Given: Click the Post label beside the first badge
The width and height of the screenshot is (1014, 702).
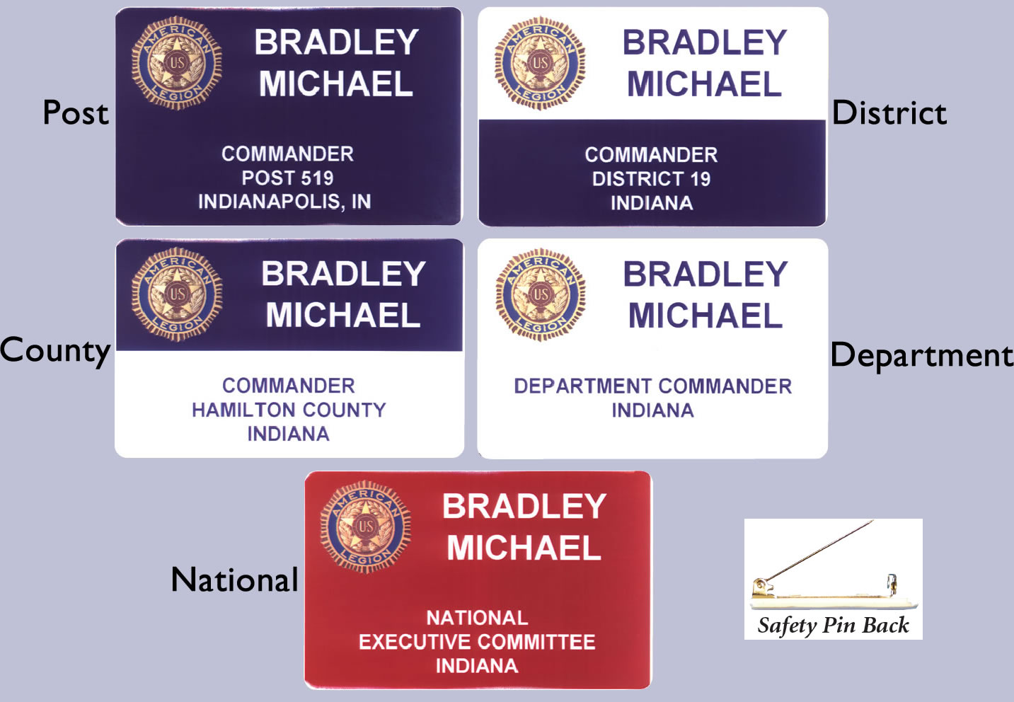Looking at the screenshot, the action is (76, 113).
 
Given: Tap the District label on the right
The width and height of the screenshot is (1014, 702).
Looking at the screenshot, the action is (889, 113).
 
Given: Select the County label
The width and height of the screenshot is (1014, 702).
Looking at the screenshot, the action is (55, 352).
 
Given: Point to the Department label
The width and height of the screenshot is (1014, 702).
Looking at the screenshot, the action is (921, 356).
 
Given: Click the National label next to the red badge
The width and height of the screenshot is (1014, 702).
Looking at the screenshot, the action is (234, 580).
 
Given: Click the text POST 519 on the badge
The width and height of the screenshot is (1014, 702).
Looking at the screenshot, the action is (287, 178).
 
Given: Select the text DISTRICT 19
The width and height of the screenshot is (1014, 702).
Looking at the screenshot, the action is (652, 179).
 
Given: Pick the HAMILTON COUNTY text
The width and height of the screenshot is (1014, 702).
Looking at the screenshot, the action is (289, 410).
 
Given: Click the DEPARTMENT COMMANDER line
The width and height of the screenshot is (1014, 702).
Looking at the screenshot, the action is (652, 386).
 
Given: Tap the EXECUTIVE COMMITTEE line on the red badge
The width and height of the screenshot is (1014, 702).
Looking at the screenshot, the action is (477, 642).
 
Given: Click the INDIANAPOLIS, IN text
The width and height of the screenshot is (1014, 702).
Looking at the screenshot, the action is (284, 202).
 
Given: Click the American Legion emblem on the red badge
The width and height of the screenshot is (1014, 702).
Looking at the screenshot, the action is (366, 527).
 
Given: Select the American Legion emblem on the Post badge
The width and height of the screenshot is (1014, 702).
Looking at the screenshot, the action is (177, 63).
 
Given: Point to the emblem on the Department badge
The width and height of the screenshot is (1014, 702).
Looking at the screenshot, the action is (541, 294).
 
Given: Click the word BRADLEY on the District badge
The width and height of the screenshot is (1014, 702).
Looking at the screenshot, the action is (705, 42).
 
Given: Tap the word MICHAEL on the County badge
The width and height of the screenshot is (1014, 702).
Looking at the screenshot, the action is (343, 315).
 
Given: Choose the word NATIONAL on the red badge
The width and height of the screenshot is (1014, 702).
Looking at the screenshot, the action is (477, 618).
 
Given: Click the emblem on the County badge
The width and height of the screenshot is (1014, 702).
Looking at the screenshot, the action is (177, 294).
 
